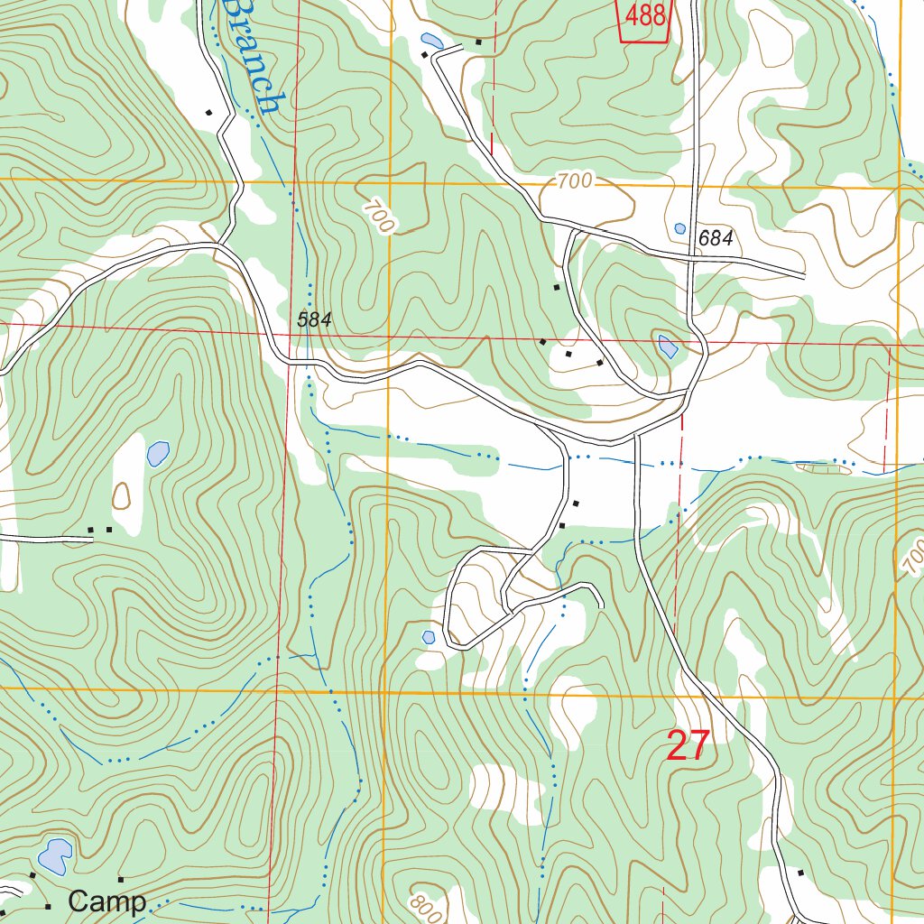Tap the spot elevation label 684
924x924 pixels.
tap(716, 238)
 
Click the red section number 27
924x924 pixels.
tap(688, 746)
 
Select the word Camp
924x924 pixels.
tap(107, 901)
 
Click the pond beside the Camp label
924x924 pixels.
tap(55, 856)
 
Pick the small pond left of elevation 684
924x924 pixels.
tap(679, 228)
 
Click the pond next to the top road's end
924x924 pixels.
tap(431, 41)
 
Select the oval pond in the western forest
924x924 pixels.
tap(158, 453)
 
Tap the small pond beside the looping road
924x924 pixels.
tap(429, 637)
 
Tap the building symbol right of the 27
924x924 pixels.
tap(800, 873)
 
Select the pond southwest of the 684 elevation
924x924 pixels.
tap(667, 345)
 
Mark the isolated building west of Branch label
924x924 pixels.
tap(208, 113)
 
